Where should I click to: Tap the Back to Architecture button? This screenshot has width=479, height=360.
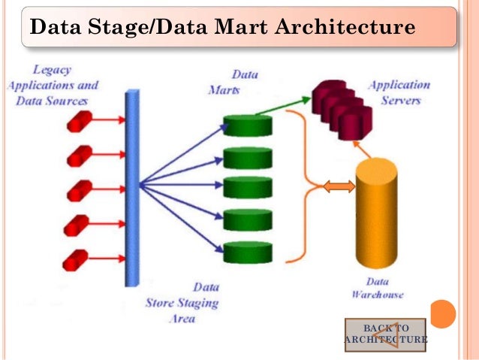click(x=385, y=334)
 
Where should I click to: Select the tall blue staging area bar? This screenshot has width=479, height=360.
click(x=133, y=187)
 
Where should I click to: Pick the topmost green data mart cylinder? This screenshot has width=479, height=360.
click(x=247, y=126)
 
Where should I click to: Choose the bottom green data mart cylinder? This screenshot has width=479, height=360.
click(x=247, y=251)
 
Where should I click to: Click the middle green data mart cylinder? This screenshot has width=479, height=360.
click(x=247, y=188)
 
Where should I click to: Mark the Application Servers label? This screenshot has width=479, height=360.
click(x=399, y=92)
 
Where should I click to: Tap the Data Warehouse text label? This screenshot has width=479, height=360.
click(x=377, y=288)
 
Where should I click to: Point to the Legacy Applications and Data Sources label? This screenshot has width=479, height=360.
click(x=53, y=85)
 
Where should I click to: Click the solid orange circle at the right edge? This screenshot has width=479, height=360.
click(x=443, y=313)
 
